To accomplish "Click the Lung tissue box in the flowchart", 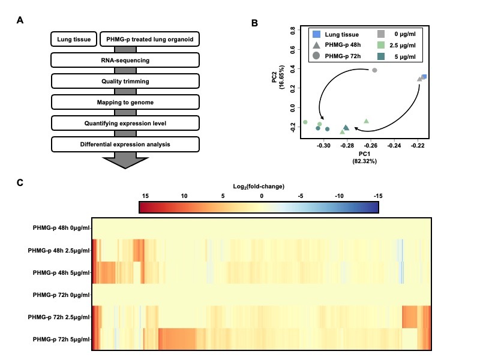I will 74,40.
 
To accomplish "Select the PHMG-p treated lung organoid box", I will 149,40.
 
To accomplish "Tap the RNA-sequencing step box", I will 125,60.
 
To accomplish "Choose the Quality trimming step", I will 125,81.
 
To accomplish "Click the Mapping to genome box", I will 125,102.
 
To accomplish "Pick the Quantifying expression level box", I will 125,123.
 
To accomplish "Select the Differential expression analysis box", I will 125,144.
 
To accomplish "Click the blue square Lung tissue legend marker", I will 317,34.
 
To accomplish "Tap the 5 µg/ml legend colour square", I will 382,56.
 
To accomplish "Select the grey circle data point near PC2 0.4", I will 374,70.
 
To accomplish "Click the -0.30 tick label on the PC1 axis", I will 324,145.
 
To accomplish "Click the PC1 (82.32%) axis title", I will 365,157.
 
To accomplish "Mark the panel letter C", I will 20,182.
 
